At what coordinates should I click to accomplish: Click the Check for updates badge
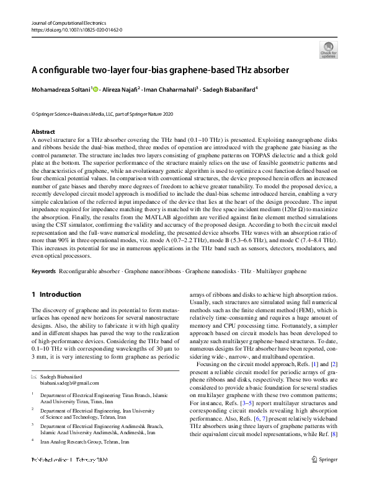coord(328,50)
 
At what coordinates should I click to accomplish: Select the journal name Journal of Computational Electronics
coord(70,23)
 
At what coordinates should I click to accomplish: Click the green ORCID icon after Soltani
coord(97,89)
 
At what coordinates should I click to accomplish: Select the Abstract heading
coord(43,132)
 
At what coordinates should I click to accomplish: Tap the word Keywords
coord(43,272)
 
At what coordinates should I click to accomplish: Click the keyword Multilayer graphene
coord(291,272)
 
